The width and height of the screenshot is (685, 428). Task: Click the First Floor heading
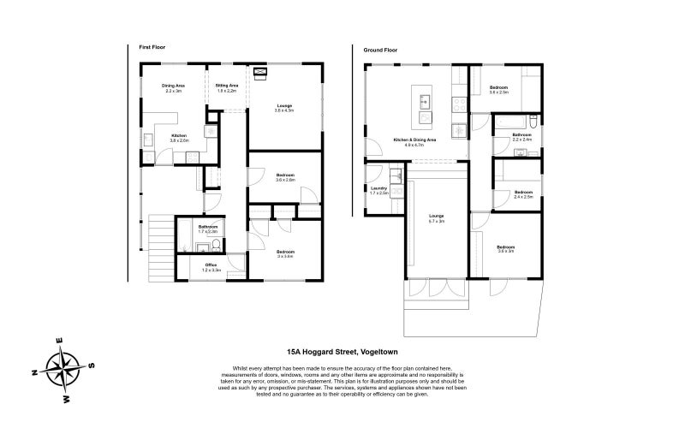click(151, 47)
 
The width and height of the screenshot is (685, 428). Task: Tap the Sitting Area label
click(227, 86)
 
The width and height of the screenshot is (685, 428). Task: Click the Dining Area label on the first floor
click(174, 86)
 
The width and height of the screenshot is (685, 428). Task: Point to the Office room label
click(211, 265)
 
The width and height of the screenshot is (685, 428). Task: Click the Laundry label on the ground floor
click(378, 188)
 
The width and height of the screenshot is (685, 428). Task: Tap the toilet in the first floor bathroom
click(217, 247)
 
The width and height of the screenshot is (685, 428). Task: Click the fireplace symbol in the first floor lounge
click(261, 73)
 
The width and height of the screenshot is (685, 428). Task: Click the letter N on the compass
click(33, 372)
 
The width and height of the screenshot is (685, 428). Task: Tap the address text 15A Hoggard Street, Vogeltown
click(342, 351)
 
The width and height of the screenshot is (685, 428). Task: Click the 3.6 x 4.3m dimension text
click(283, 110)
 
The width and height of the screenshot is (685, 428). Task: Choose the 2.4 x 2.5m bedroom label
click(523, 197)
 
